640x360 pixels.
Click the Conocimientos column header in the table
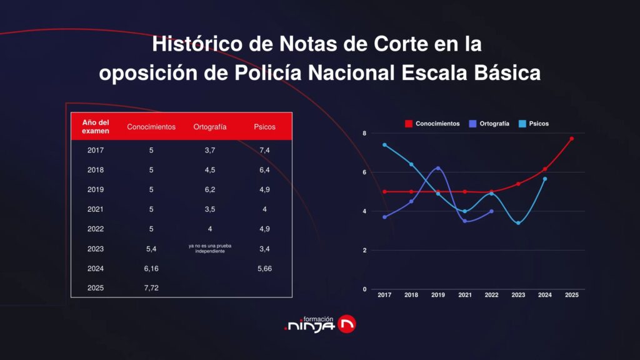pos(151,127)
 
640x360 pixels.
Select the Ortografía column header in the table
pos(210,127)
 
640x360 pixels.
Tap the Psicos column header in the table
pos(264,127)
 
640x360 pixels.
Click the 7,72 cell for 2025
pos(151,289)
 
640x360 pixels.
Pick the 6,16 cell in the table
pos(151,269)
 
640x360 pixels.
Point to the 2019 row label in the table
pos(96,189)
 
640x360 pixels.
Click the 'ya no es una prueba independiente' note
pos(210,249)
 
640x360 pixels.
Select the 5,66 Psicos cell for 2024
pos(264,269)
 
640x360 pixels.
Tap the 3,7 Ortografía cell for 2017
pos(210,150)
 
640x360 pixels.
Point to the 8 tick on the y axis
pos(364,133)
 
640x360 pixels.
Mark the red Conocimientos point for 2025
pos(571,139)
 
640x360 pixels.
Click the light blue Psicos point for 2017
pos(384,145)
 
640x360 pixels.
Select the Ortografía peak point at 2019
pos(438,168)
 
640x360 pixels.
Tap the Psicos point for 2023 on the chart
pos(518,223)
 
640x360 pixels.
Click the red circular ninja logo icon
pos(346,323)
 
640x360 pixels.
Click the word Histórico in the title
pos(194,46)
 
